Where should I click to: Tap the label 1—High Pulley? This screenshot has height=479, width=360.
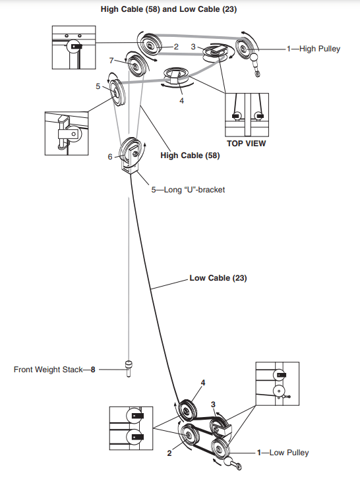click(x=313, y=49)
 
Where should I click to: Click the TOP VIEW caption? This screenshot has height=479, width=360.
click(x=245, y=142)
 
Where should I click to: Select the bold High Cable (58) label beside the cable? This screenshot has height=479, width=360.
click(x=190, y=156)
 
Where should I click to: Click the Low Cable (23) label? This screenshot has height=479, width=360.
click(x=218, y=278)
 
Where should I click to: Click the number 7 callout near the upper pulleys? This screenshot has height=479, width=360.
click(x=111, y=60)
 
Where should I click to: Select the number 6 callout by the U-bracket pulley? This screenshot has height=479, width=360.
click(x=111, y=157)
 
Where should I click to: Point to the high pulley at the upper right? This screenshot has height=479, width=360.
click(x=248, y=47)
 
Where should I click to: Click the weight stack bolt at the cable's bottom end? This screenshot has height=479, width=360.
click(x=128, y=367)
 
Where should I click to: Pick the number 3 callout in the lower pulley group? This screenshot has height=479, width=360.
click(x=212, y=403)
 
